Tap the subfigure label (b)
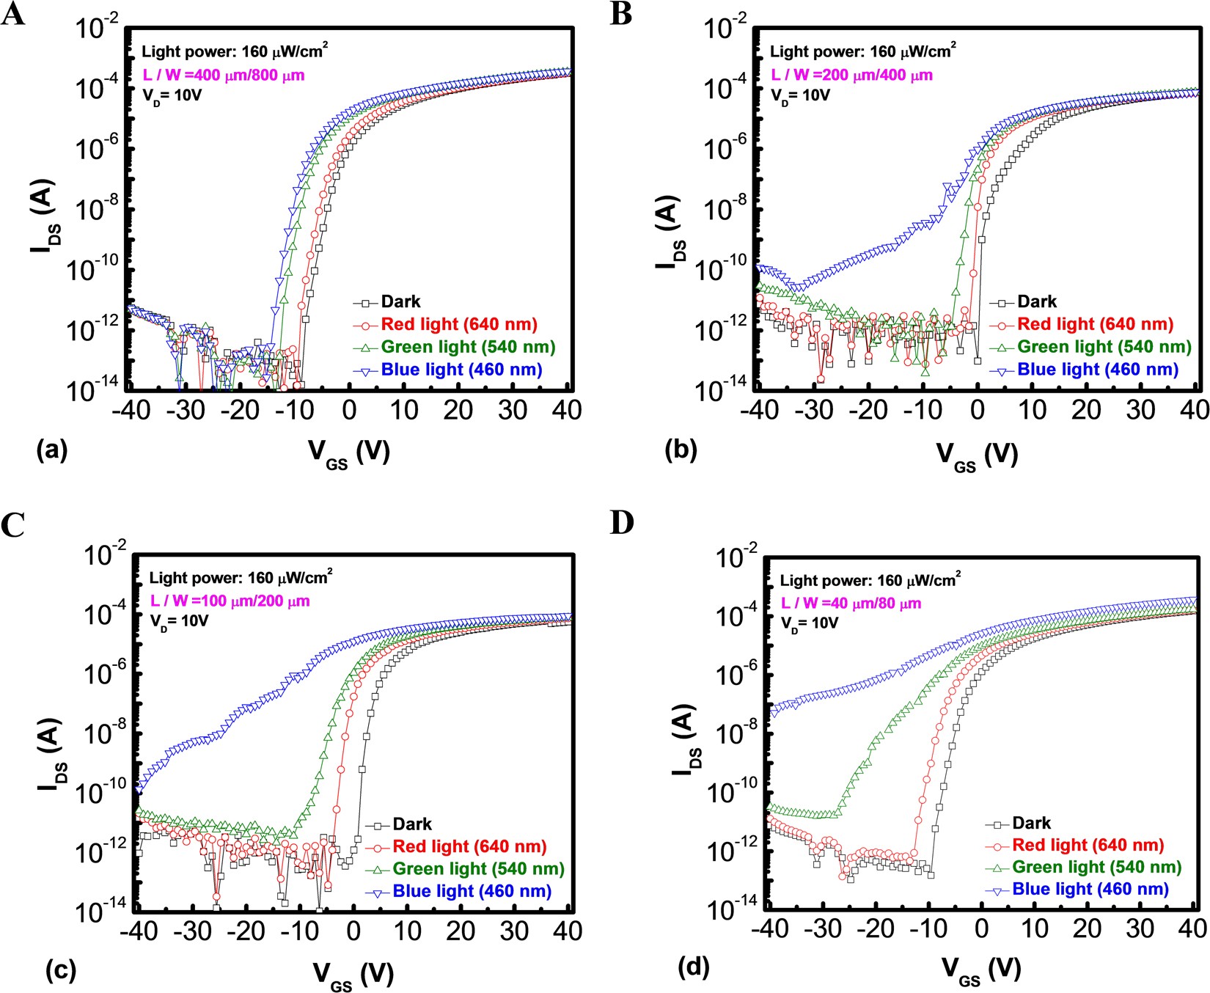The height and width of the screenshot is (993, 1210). click(681, 450)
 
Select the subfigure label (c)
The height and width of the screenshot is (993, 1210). click(60, 970)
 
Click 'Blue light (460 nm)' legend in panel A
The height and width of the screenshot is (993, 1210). click(461, 370)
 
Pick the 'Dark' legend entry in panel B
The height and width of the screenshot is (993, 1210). click(1037, 301)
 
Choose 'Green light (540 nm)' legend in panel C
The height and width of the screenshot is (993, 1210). click(478, 869)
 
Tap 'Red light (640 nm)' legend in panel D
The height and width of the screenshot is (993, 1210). click(1088, 845)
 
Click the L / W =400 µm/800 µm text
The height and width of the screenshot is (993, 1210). click(223, 75)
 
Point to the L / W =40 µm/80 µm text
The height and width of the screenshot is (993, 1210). click(851, 604)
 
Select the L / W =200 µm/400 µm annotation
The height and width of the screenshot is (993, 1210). click(851, 75)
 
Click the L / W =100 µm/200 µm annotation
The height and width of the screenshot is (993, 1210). click(230, 601)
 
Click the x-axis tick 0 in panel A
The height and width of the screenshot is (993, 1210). click(349, 410)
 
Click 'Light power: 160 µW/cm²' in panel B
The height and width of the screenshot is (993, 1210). click(862, 52)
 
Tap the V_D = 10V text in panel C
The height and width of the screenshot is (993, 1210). click(179, 621)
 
